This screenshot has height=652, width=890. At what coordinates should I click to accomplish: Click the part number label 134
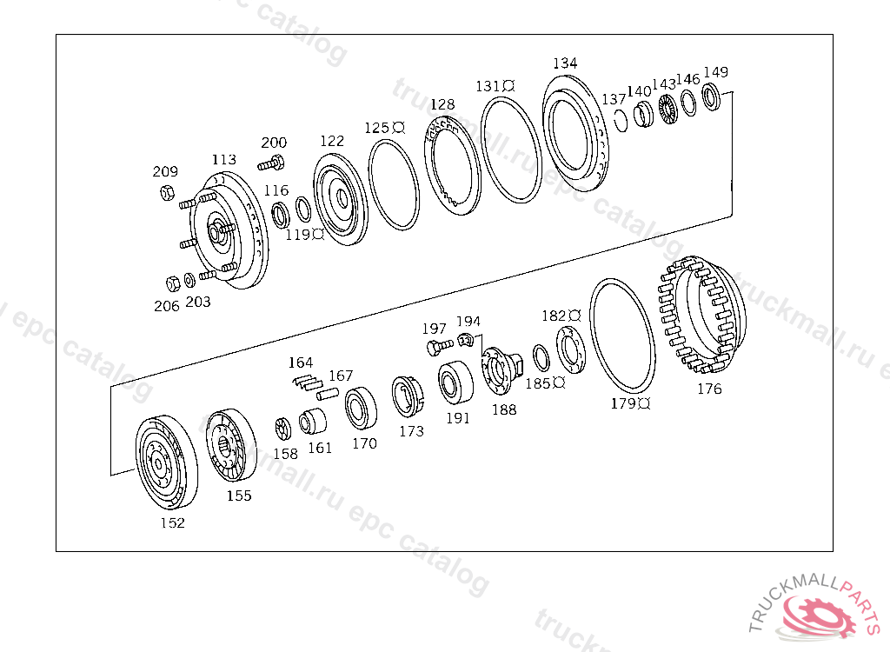tap(565, 63)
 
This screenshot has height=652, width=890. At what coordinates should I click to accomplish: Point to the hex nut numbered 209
tap(165, 192)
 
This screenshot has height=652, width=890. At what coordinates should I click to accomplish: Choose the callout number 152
tap(172, 523)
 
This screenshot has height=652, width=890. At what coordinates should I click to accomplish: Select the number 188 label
tap(504, 410)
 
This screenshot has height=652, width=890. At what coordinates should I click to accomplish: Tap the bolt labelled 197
tap(434, 348)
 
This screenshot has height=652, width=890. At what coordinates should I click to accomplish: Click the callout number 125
tap(377, 128)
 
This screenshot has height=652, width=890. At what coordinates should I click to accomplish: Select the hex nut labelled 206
tap(172, 283)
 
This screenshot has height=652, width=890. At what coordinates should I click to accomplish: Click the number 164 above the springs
tap(301, 363)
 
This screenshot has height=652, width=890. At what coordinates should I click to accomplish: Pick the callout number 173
tap(411, 431)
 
